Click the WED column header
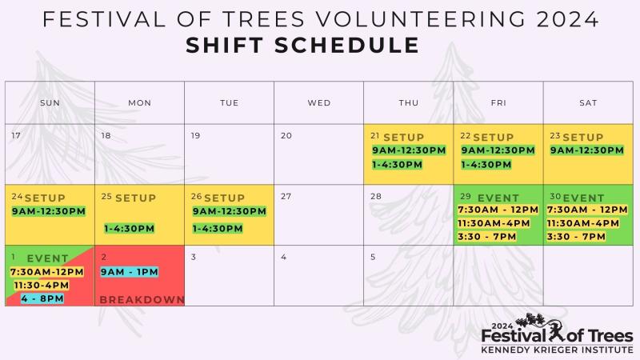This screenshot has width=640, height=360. [x=318, y=103]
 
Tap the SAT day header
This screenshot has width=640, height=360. [x=588, y=103]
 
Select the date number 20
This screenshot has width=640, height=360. [x=286, y=135]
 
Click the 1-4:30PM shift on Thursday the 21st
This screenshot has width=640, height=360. [x=397, y=165]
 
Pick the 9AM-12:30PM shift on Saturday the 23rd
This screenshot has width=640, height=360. [x=587, y=150]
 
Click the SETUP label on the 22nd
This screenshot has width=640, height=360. [x=493, y=137]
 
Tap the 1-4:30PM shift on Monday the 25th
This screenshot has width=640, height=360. [x=129, y=229]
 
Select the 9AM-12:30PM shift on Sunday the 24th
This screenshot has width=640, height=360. [x=49, y=211]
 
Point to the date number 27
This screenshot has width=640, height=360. [x=286, y=196]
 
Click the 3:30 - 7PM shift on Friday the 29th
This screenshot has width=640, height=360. [x=486, y=237]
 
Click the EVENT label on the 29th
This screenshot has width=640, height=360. [x=498, y=198]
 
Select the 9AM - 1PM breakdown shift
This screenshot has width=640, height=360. [x=130, y=272]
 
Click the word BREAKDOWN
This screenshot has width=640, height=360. [x=142, y=299]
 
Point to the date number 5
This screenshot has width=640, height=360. [x=373, y=257]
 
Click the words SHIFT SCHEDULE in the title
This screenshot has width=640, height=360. [x=302, y=45]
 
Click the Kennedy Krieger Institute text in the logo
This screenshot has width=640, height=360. [x=557, y=350]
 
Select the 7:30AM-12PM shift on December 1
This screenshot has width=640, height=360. [x=47, y=272]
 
